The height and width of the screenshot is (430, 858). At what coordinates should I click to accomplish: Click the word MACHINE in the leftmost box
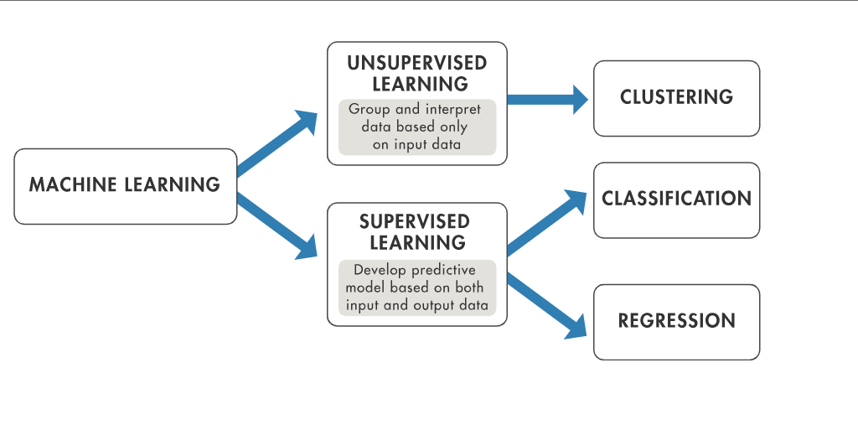[73, 184]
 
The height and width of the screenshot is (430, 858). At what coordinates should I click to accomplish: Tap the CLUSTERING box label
[676, 97]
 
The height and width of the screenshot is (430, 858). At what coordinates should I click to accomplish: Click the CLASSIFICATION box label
[676, 199]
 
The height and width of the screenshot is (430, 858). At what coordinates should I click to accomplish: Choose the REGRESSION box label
[676, 321]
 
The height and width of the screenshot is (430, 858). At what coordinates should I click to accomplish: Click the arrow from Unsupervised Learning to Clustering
[548, 99]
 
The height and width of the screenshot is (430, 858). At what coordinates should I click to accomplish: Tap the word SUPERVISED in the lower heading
[414, 222]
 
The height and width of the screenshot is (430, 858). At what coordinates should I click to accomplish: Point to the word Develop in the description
[381, 271]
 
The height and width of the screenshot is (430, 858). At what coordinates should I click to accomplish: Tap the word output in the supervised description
[436, 305]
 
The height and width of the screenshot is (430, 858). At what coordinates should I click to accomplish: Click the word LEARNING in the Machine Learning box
[173, 184]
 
